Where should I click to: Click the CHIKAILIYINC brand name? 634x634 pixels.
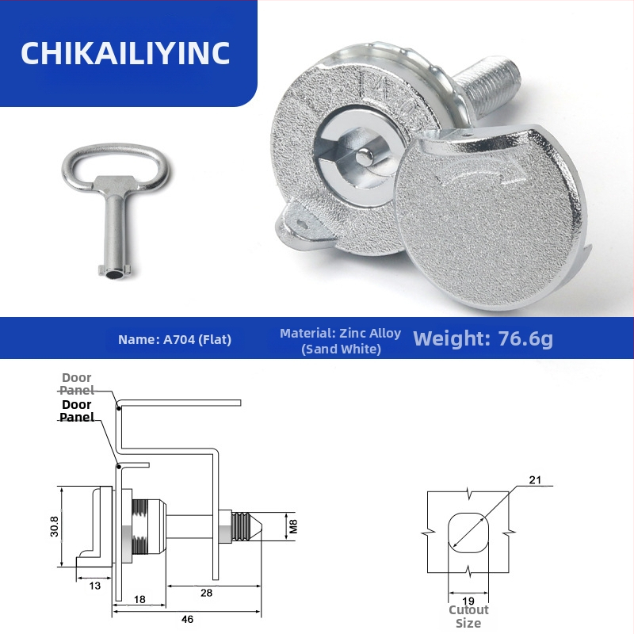pos(125,53)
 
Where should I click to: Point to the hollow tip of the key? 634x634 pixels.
pos(115,274)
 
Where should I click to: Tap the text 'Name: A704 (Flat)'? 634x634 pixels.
pos(174,339)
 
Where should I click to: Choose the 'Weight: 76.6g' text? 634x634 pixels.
pos(483,338)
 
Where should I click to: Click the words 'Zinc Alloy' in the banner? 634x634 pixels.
pos(370,333)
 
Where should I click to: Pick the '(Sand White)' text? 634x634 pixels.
pos(341,349)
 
